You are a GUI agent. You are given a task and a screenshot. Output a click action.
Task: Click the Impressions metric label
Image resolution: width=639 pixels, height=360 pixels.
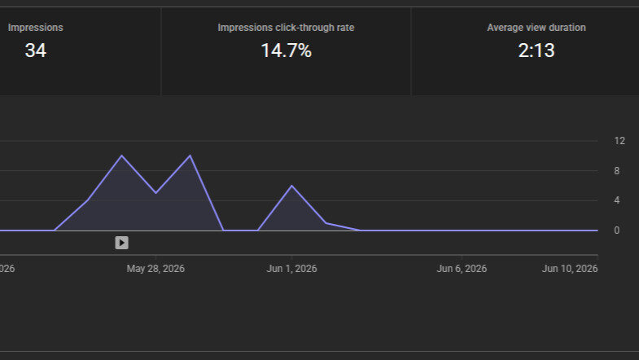pos(36,28)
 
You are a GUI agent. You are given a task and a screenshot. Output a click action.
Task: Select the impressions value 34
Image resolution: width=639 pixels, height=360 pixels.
pos(36,50)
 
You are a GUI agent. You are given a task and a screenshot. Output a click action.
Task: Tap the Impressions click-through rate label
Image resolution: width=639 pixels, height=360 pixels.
pos(286,28)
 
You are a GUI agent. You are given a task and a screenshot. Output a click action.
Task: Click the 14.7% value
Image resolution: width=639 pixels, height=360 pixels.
pos(286,50)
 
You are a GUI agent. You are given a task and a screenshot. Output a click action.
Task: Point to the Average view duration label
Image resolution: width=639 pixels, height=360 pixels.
pos(536,28)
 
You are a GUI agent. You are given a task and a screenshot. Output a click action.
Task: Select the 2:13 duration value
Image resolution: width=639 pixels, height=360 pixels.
pos(536,50)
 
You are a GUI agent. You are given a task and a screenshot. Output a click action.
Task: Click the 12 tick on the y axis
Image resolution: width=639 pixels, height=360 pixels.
pos(619,141)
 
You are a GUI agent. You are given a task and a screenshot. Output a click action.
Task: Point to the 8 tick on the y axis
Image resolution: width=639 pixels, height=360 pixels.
pos(617,171)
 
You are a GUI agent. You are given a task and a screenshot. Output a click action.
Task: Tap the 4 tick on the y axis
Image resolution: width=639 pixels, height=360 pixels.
pos(617,200)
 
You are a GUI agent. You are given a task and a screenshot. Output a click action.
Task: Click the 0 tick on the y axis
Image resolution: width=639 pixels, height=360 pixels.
pos(617,230)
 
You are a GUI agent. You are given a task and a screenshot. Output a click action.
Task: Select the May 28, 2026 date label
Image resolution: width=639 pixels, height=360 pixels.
pos(155,269)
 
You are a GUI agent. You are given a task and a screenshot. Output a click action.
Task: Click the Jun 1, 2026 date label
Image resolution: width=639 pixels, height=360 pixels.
pos(291,269)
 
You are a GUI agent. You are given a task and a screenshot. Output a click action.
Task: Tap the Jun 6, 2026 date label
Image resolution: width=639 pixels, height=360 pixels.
pos(462,269)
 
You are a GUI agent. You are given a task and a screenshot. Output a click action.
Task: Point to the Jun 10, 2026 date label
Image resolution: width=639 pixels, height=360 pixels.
pos(570,269)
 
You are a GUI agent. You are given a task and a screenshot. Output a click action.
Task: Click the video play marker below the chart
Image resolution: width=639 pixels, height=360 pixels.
pos(121,243)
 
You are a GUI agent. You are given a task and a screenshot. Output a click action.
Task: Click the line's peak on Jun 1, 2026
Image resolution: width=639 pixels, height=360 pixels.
pos(291,186)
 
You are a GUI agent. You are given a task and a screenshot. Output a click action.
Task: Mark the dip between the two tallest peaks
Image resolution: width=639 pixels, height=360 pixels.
pos(155,193)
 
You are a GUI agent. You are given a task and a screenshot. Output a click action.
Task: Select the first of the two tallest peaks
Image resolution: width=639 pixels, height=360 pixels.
pos(122,156)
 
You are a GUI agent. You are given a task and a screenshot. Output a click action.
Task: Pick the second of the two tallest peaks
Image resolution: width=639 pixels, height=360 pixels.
pos(190,156)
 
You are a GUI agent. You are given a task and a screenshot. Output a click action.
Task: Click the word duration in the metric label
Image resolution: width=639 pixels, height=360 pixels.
pos(568,28)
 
